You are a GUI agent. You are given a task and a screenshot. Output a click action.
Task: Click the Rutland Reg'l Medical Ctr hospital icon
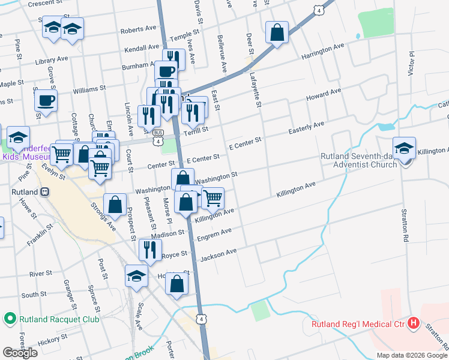(x=413, y=323)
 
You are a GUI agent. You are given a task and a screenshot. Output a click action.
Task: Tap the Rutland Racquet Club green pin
(x=10, y=319)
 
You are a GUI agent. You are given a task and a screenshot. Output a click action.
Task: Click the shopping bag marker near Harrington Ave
(x=277, y=32)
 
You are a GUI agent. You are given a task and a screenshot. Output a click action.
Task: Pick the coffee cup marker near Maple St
(x=46, y=100)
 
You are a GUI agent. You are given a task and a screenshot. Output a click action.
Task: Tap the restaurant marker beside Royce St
(x=149, y=249)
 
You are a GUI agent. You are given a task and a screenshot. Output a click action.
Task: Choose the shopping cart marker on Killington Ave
(x=212, y=197)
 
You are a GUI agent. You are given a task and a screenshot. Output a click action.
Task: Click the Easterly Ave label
(x=306, y=128)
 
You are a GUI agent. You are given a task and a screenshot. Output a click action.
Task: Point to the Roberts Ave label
(x=138, y=30)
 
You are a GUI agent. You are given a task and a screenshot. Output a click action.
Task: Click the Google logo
(x=20, y=352)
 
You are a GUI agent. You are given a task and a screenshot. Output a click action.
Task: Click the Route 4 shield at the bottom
(x=202, y=319)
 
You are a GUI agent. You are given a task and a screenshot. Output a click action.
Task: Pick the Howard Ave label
(x=324, y=95)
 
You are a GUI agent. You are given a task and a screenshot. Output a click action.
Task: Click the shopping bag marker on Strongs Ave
(x=114, y=205)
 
